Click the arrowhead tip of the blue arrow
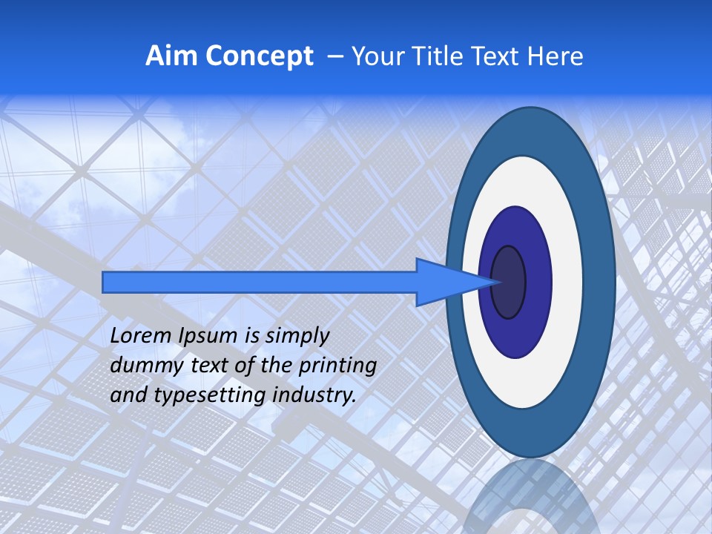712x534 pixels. coord(498,282)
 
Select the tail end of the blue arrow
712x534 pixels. coord(105,282)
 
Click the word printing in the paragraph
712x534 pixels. coord(337,366)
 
